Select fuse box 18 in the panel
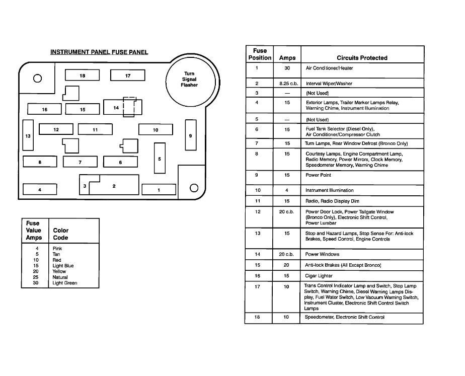tap(82, 76)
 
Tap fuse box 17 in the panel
tap(128, 76)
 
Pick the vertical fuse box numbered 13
tap(28, 136)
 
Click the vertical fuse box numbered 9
tap(190, 135)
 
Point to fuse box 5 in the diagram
tap(160, 159)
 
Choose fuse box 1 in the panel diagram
tap(159, 190)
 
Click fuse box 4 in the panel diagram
tap(40, 190)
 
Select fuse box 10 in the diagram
tap(156, 130)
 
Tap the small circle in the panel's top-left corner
tap(37, 78)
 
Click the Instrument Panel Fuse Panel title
tap(99, 52)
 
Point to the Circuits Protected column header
tap(362, 58)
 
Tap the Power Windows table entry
tap(322, 254)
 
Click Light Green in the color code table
tap(65, 283)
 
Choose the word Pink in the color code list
tap(57, 248)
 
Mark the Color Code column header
tap(61, 234)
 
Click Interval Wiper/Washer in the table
tap(329, 84)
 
